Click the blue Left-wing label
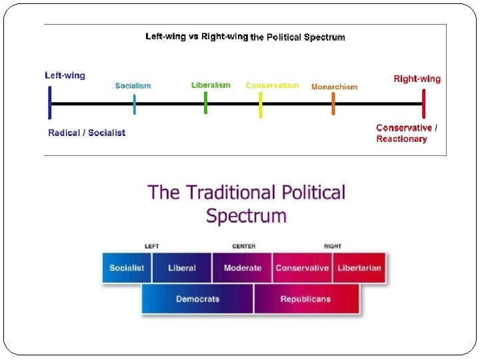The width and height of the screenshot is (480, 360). click(x=65, y=75)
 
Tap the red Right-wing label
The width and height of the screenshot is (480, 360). click(x=417, y=79)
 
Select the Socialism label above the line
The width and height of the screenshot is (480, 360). click(x=133, y=85)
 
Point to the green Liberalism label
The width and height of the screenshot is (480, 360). click(x=211, y=85)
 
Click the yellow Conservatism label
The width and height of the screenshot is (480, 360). click(x=272, y=85)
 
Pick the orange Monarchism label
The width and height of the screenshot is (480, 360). click(x=334, y=87)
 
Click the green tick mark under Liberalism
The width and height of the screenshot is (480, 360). click(x=205, y=103)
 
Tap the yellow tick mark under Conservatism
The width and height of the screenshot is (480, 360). click(x=261, y=104)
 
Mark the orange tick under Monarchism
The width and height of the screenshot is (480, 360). click(x=333, y=103)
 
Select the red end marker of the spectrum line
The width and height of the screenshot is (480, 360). click(x=423, y=103)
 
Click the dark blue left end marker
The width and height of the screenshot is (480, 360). click(x=50, y=103)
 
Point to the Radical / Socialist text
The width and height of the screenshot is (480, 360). click(x=87, y=133)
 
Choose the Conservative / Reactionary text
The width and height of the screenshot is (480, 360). click(x=407, y=133)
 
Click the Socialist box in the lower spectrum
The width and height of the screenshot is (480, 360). click(x=127, y=268)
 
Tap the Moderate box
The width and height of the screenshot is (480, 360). click(x=242, y=268)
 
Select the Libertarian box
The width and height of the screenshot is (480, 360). click(x=359, y=268)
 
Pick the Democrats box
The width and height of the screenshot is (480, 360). click(x=197, y=299)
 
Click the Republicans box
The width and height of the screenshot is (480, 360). click(x=305, y=299)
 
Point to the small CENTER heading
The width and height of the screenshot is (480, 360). click(x=243, y=246)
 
